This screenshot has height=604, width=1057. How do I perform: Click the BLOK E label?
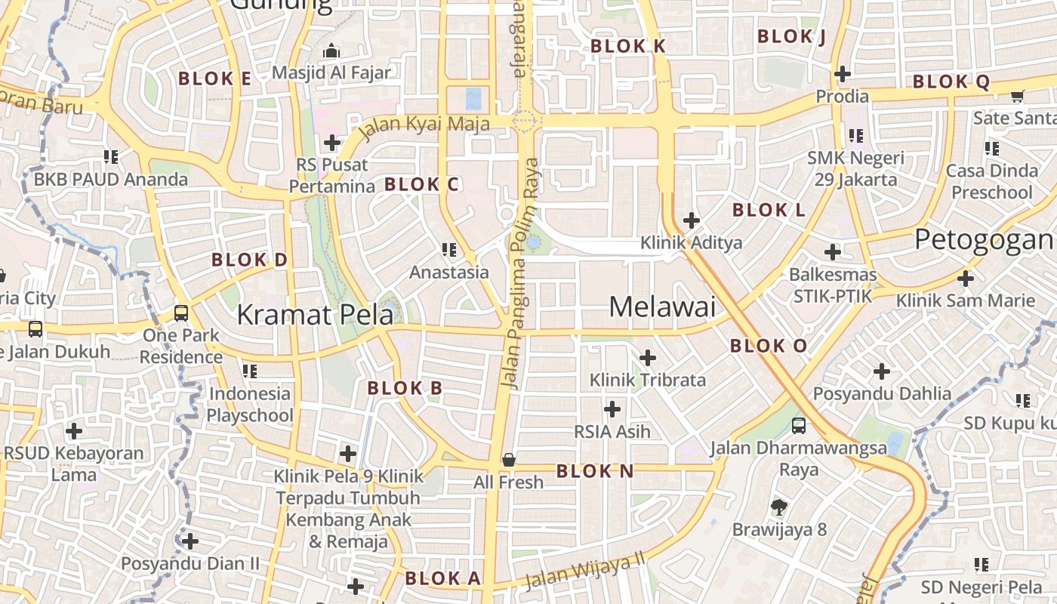[214, 79]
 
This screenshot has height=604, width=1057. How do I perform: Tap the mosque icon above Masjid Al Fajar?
[331, 51]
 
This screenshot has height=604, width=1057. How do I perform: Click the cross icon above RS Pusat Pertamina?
[331, 142]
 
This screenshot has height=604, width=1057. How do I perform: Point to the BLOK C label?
[421, 184]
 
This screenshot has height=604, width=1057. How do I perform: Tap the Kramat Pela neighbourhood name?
[315, 315]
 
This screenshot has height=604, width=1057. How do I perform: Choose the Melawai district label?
[662, 307]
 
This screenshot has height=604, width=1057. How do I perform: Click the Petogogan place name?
[984, 240]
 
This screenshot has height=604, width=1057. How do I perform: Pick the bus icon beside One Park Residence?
[181, 313]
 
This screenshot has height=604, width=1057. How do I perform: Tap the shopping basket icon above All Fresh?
[509, 460]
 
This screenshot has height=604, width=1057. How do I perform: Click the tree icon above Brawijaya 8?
[779, 507]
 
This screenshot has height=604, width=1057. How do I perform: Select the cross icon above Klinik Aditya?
[691, 220]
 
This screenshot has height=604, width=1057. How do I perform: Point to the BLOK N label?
[595, 472]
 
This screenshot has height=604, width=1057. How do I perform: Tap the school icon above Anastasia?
[450, 249]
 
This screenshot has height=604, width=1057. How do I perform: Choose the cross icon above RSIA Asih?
[612, 409]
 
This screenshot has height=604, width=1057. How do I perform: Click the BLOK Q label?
[951, 82]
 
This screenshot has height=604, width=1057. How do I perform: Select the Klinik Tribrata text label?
[647, 380]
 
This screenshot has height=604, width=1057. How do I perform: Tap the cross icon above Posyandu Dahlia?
[881, 371]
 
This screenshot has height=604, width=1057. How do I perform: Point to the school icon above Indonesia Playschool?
[250, 371]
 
